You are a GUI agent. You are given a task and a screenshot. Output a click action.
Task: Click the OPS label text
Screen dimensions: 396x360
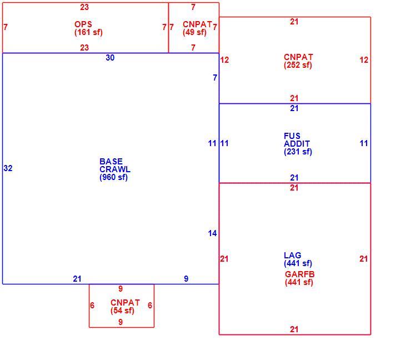point(83,24)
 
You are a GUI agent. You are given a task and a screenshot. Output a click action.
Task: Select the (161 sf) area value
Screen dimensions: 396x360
point(88,32)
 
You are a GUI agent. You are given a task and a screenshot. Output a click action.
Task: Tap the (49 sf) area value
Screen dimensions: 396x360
point(194,32)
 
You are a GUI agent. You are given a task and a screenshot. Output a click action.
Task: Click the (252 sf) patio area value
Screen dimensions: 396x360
point(298,65)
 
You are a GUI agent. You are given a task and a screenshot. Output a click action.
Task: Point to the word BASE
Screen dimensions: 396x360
point(111,162)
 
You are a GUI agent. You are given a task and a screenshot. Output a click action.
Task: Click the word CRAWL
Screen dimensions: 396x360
point(115,169)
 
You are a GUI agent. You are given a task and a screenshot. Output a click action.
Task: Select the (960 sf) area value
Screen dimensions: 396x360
point(114,177)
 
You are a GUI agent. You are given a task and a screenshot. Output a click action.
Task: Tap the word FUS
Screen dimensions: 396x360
point(292,136)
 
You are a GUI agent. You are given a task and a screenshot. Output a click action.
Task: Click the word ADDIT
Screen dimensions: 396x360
point(297,144)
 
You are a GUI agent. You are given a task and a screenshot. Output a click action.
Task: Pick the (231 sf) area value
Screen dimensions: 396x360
point(298,152)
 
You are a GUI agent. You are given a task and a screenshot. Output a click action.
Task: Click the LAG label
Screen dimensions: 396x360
point(293,255)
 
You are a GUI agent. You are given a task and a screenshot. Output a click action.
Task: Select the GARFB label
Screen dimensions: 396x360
point(300,274)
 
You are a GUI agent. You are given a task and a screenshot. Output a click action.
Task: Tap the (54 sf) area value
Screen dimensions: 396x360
point(122,311)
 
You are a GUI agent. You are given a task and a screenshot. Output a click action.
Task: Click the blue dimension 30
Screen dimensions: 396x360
point(110,58)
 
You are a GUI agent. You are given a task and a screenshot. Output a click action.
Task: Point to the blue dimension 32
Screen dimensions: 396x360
point(8,168)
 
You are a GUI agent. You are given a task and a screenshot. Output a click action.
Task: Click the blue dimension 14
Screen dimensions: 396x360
point(212,233)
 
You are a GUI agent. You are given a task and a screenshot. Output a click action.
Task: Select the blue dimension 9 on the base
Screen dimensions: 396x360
point(186,279)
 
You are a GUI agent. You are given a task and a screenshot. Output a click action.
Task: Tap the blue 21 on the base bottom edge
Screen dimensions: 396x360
point(77,279)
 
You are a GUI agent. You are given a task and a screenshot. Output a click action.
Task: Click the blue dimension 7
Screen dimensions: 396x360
point(215,78)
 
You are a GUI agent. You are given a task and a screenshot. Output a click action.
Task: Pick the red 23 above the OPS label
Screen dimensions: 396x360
point(84,7)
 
